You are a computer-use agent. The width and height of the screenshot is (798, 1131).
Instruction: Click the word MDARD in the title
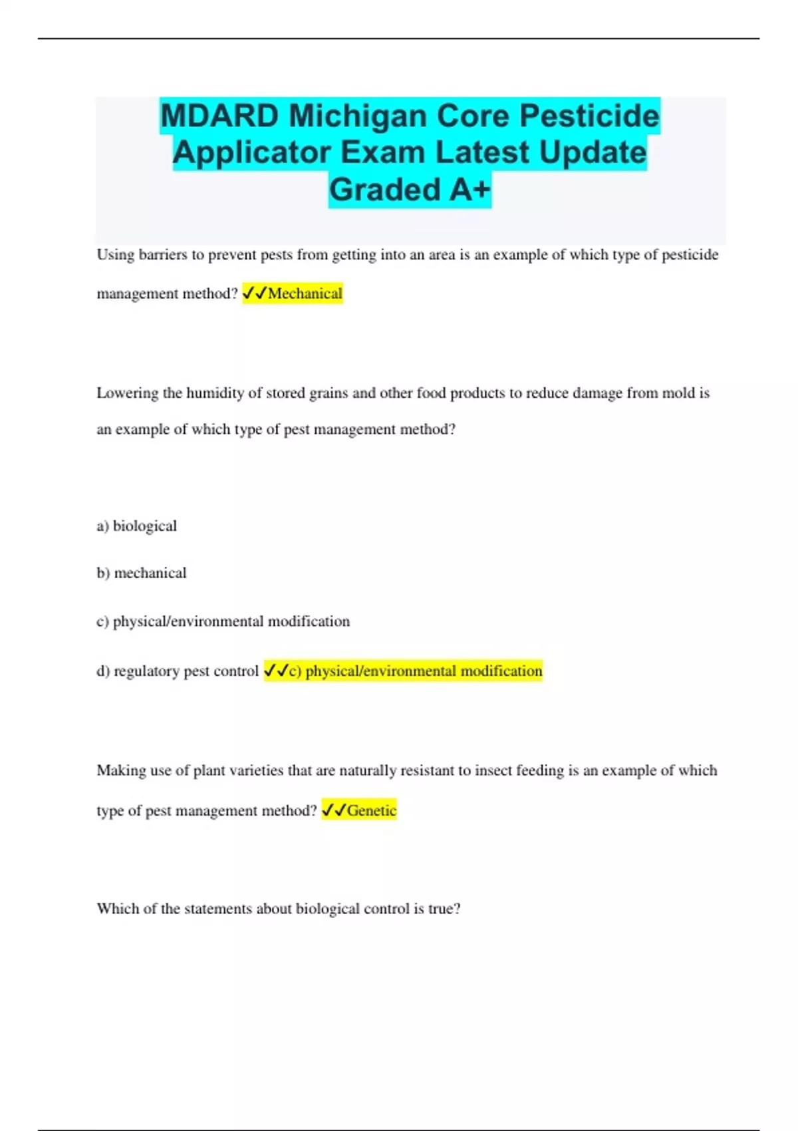pos(219,116)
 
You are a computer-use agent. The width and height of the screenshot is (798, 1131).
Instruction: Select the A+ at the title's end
pos(469,190)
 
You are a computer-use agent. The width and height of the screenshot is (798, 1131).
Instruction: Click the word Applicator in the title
pos(252,152)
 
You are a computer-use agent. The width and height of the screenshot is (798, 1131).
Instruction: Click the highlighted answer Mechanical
pos(305,293)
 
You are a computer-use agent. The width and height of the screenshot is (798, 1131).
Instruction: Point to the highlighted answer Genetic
pos(371,810)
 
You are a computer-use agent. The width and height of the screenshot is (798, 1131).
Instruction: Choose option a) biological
pos(136,526)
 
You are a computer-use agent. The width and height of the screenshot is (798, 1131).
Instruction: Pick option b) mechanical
pos(141,573)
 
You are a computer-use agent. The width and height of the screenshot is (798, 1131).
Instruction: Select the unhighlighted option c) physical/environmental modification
pos(223,621)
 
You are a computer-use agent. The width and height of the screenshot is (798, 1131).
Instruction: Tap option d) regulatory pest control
pos(177,671)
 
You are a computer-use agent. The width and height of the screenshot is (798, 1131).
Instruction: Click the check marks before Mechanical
pos(255,293)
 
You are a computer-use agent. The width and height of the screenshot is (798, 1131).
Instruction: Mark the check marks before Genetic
pos(334,810)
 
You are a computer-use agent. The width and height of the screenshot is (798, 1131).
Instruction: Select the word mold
pos(678,393)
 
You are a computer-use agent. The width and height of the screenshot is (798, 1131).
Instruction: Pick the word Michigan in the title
pos(359,116)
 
